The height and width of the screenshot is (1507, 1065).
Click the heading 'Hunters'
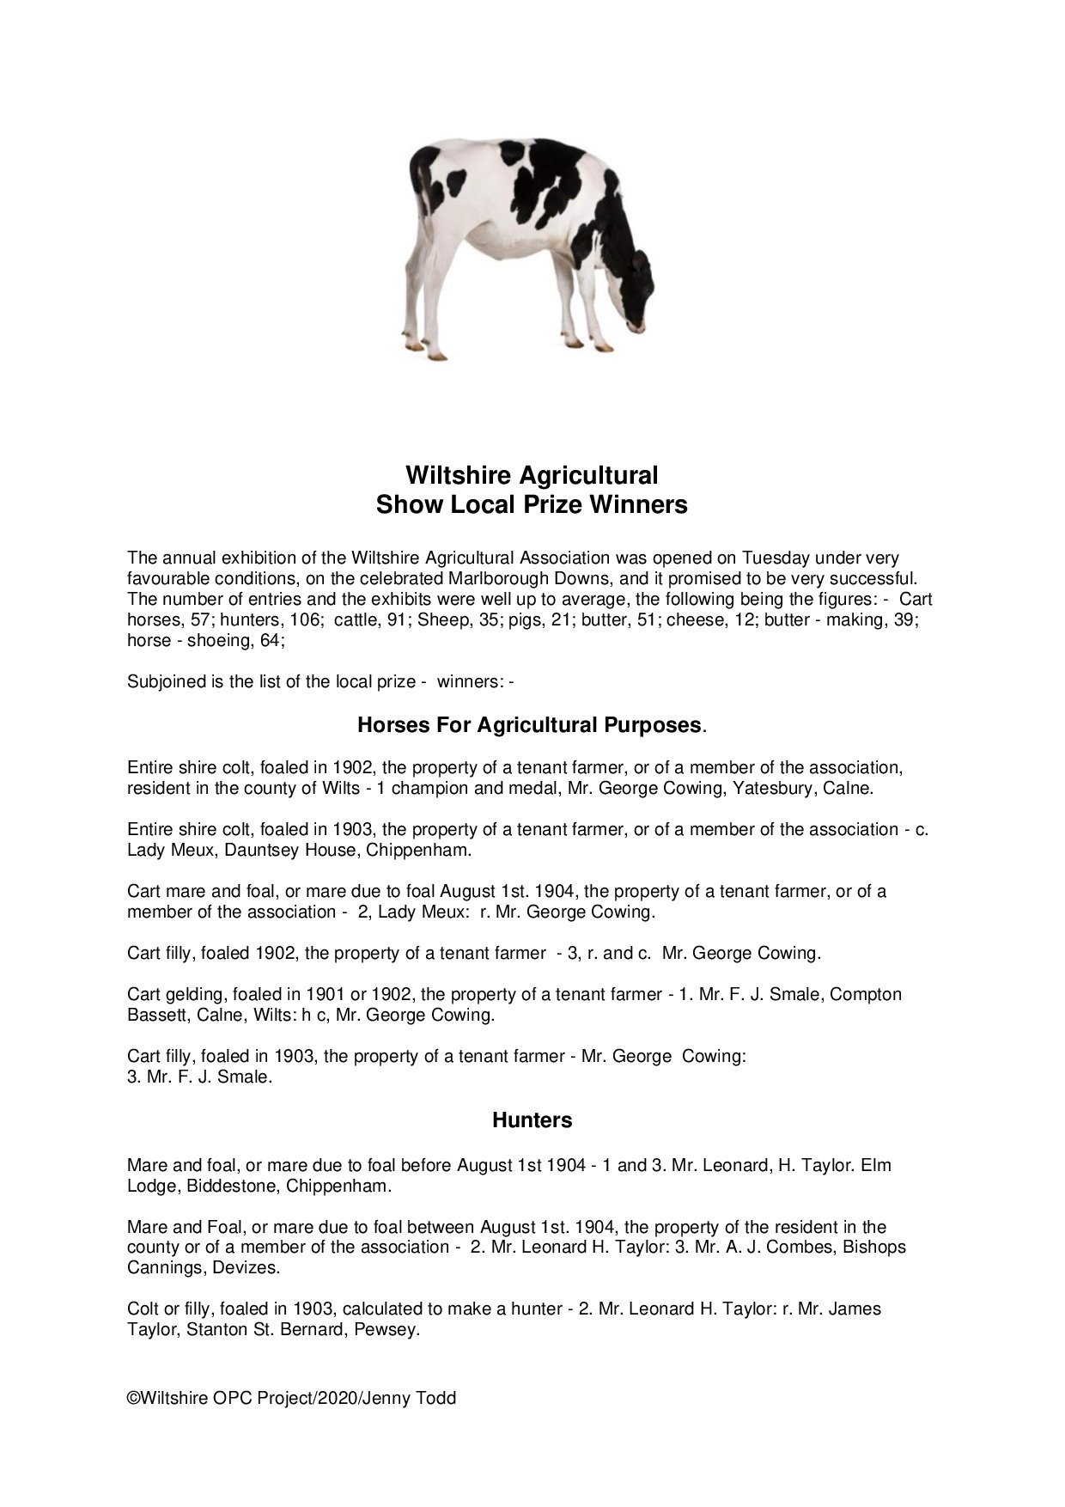(x=532, y=1120)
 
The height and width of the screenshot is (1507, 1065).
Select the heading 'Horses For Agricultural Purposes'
(x=530, y=725)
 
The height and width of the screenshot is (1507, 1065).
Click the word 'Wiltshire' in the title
(x=456, y=475)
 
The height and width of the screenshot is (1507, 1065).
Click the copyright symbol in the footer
(x=133, y=1398)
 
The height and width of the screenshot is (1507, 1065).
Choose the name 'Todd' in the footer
(x=438, y=1398)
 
